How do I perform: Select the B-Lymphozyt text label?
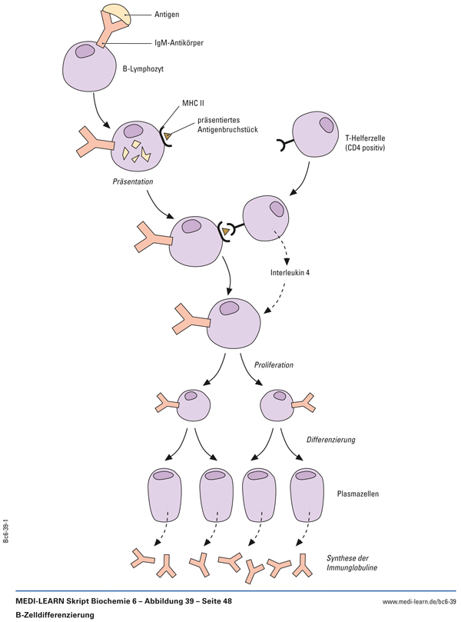[144, 68]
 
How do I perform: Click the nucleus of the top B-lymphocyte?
[85, 52]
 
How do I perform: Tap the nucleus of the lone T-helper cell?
[327, 123]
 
